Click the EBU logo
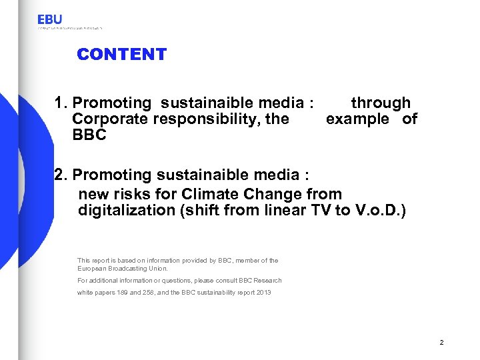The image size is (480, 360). [50, 20]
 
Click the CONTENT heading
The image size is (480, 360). [121, 55]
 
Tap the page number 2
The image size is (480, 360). [441, 342]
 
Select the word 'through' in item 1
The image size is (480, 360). [381, 103]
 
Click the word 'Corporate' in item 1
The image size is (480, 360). [110, 119]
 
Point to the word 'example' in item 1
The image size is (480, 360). [357, 119]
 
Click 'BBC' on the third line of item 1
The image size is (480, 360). [88, 135]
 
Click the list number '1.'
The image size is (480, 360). [63, 103]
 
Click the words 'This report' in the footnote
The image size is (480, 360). [94, 260]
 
